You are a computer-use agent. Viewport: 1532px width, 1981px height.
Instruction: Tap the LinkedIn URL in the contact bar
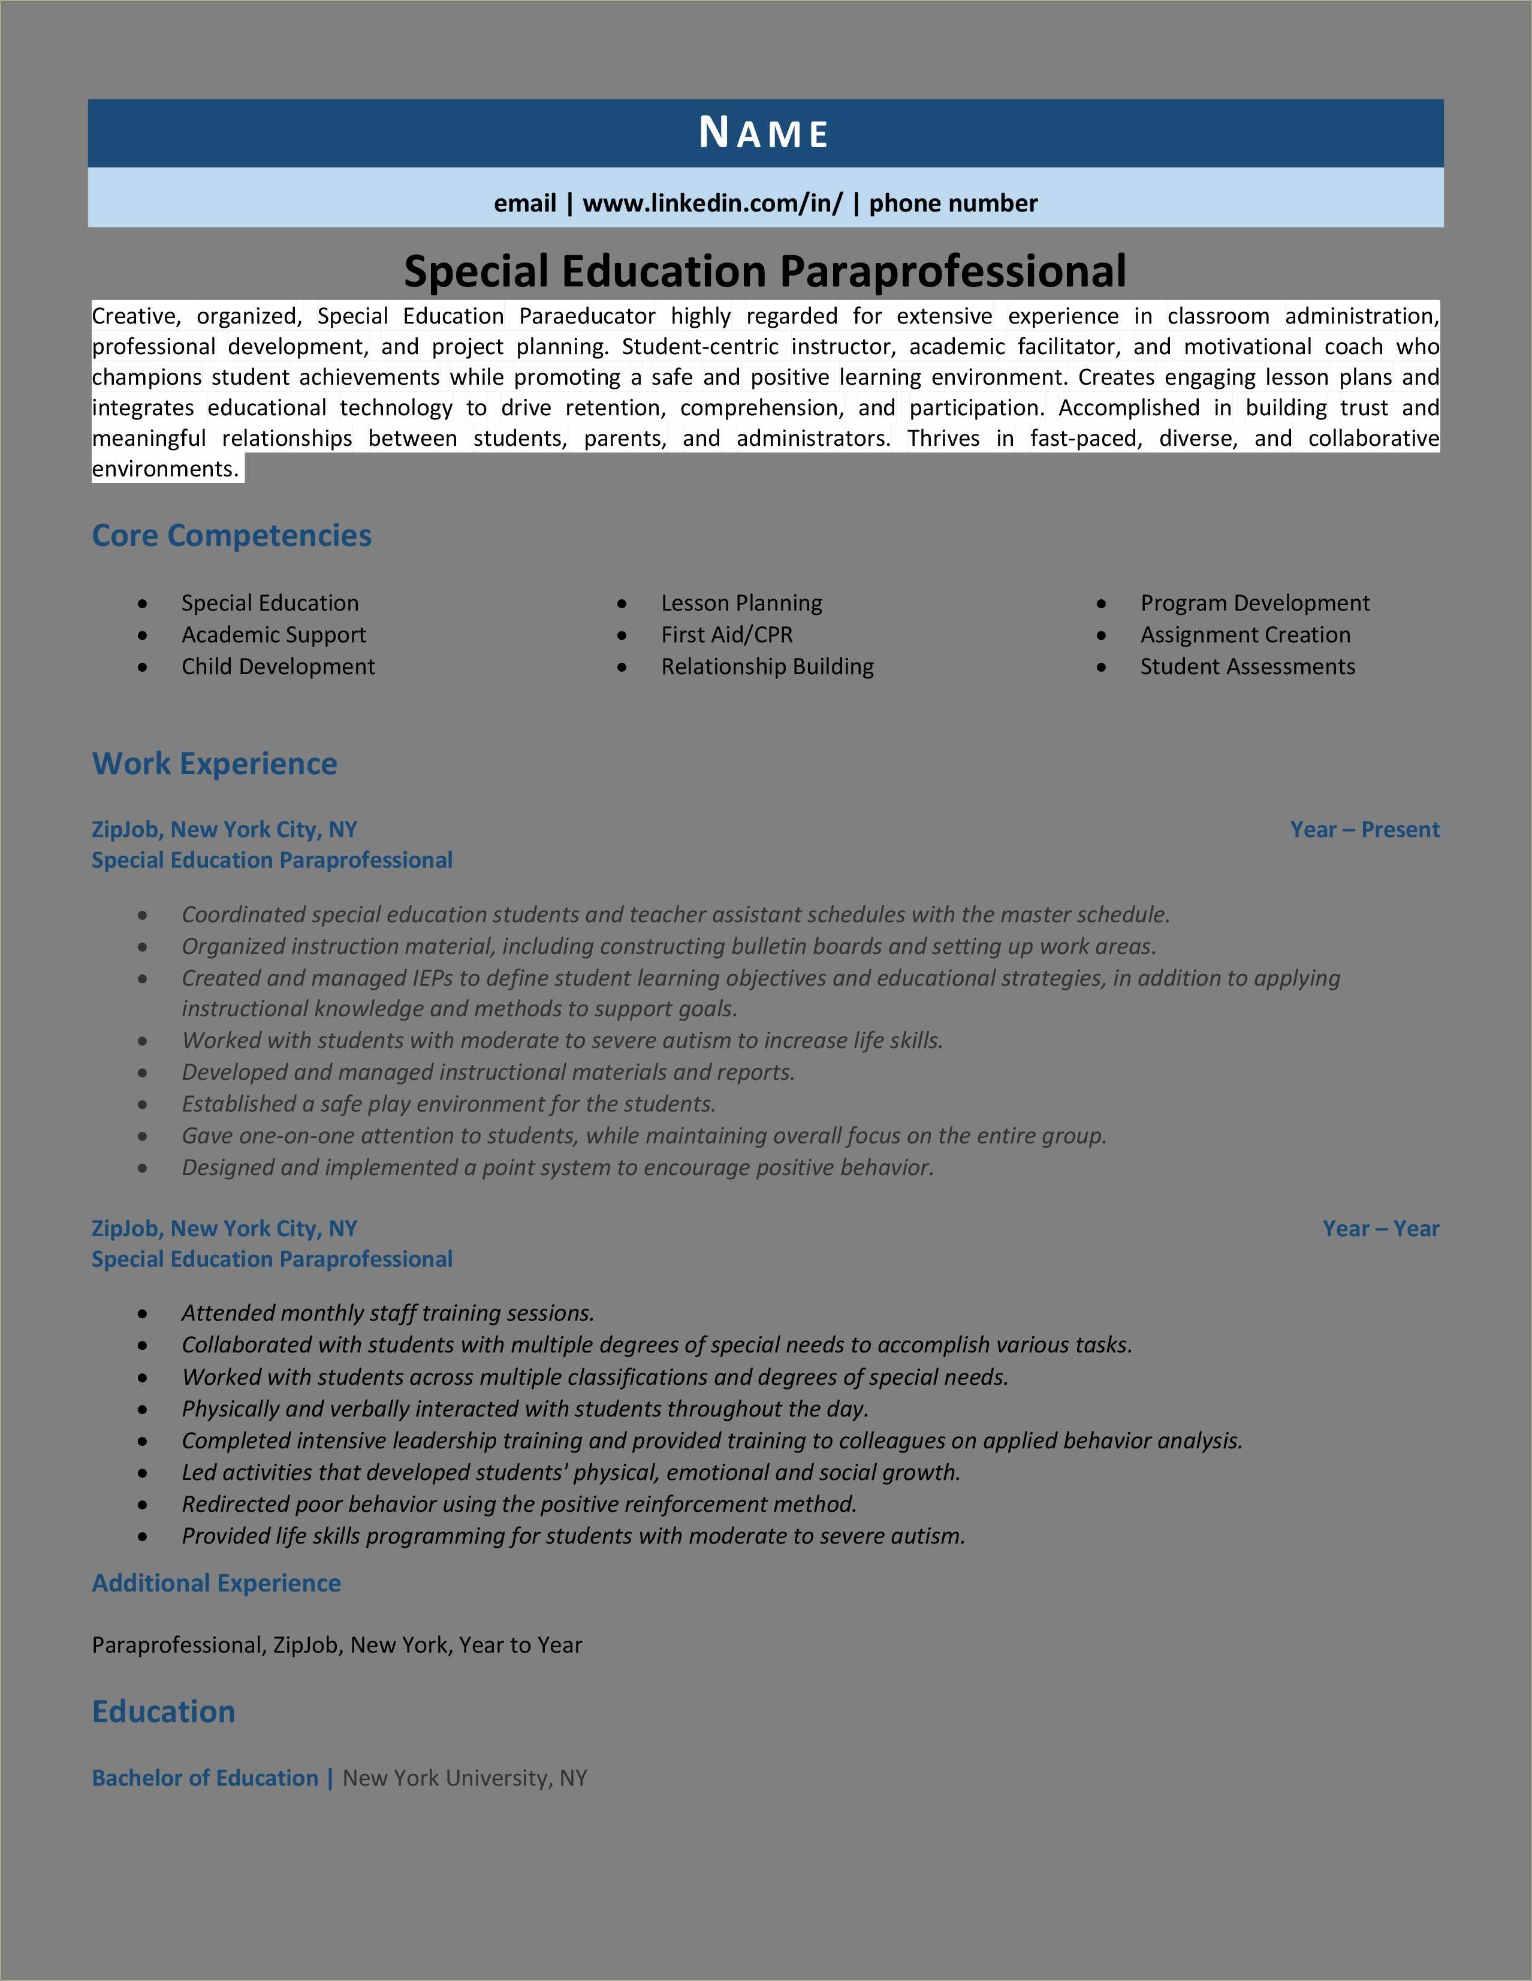712,203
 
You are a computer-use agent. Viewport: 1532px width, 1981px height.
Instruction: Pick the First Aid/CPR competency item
726,635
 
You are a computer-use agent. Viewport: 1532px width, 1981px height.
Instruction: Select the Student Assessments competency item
1247,667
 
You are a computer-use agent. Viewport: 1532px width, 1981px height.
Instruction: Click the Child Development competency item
278,667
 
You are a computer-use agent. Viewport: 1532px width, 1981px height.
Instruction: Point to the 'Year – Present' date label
1364,829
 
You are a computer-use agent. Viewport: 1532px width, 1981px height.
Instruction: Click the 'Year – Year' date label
1380,1228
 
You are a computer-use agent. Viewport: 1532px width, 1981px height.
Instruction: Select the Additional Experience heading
216,1583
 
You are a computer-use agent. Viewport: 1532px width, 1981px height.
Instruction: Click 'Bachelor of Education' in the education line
205,1778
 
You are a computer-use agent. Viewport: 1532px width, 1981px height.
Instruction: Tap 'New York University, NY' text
465,1778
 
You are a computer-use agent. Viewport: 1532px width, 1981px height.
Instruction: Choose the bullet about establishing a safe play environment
448,1104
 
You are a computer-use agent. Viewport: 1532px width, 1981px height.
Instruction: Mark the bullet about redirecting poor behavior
519,1504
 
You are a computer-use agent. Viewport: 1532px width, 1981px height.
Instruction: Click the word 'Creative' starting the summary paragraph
134,316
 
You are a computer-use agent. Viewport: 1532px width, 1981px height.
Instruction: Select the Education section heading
163,1711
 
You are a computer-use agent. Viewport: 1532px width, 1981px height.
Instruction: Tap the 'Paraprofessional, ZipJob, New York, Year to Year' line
336,1645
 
